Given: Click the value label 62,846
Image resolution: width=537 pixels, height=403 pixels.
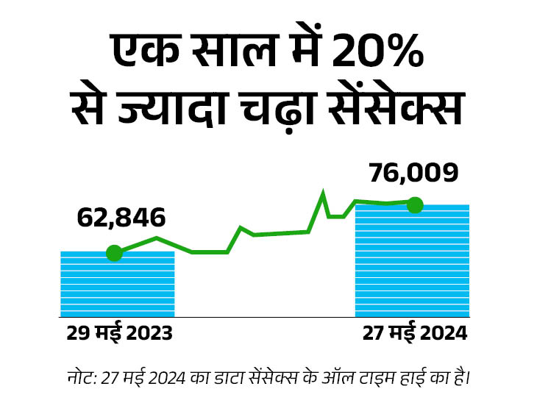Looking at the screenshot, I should tap(121, 218).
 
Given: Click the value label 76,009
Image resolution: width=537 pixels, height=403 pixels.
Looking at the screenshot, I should tap(413, 173).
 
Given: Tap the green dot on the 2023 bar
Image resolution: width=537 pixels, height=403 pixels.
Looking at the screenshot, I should tap(114, 253).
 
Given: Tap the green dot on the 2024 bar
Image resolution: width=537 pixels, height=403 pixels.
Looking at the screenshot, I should tap(415, 204).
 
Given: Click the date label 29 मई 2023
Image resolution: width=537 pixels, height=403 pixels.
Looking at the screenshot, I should tap(119, 333).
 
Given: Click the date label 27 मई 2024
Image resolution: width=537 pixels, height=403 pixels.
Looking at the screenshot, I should tap(414, 333).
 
